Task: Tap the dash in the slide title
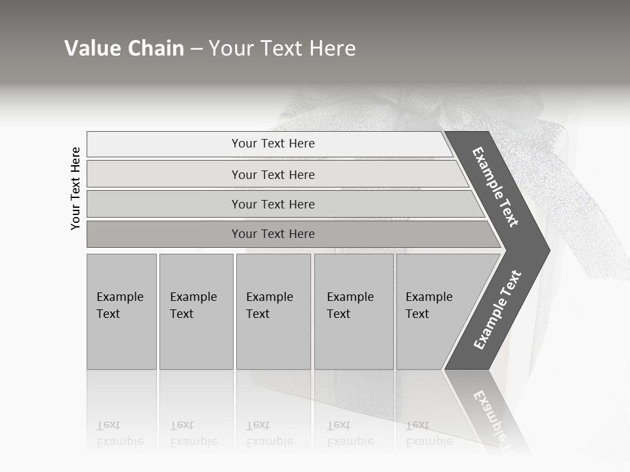click(196, 49)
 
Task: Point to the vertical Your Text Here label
click(75, 188)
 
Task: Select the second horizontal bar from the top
click(273, 174)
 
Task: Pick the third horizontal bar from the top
click(273, 204)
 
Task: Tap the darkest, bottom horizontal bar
click(273, 234)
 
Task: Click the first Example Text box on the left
click(121, 311)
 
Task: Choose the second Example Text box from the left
click(196, 311)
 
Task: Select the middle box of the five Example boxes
click(273, 311)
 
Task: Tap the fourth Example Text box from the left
click(354, 311)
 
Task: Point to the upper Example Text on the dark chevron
click(495, 187)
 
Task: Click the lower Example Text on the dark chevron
click(497, 310)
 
